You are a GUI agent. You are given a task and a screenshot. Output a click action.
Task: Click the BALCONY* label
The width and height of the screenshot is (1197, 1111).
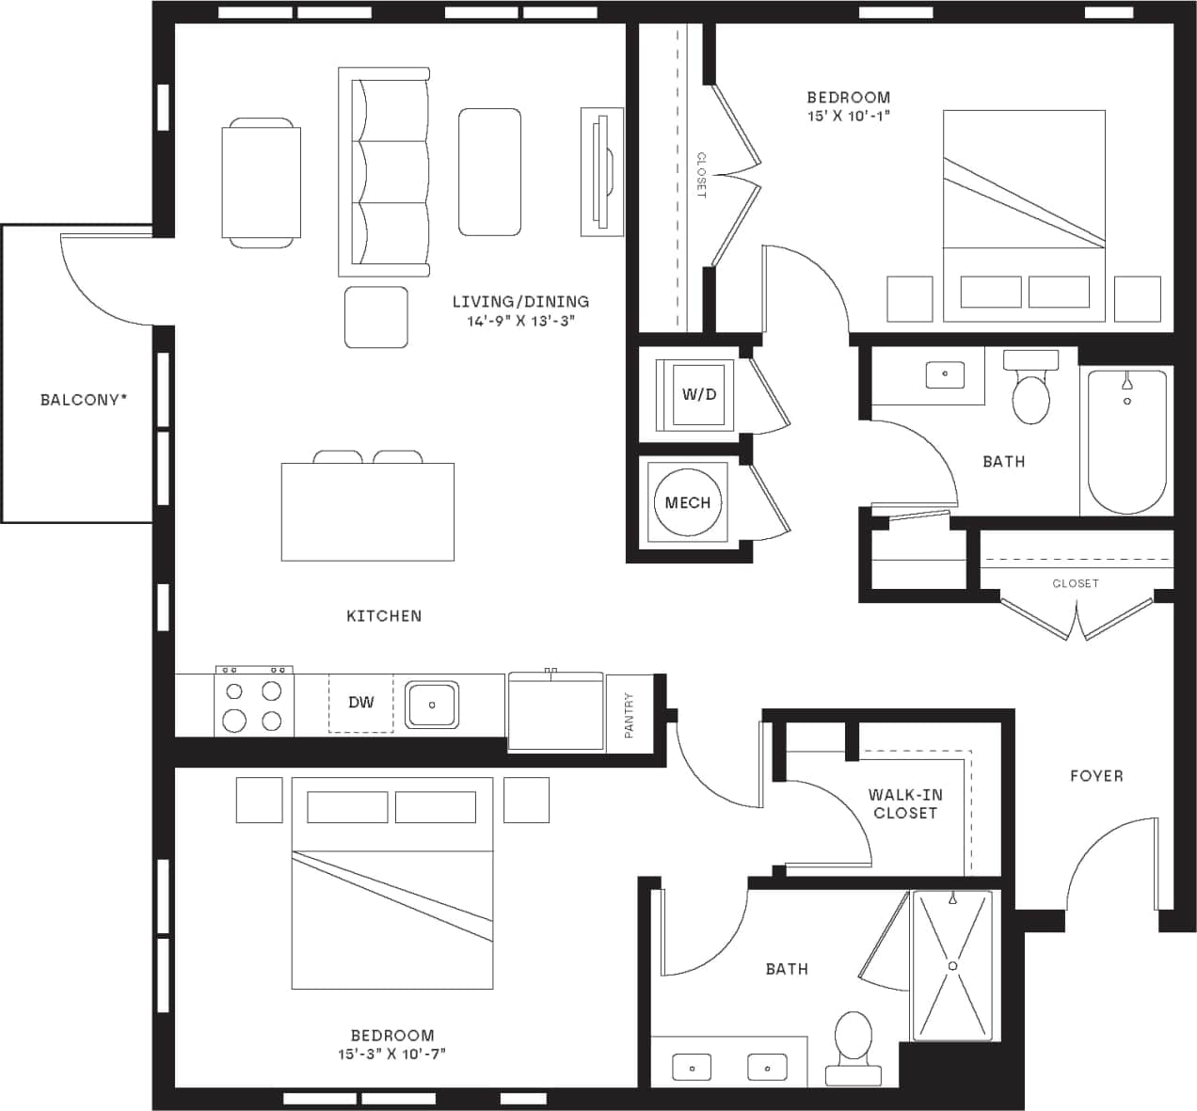coord(84,400)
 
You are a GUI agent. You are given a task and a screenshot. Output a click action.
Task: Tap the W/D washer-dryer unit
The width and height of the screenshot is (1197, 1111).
coord(698,394)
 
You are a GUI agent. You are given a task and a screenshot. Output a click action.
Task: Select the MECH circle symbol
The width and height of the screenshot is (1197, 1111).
coord(687,502)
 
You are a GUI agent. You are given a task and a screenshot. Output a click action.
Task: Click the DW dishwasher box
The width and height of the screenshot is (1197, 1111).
coord(360,703)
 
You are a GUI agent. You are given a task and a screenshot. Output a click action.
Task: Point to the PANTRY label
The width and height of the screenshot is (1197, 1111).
coord(629,714)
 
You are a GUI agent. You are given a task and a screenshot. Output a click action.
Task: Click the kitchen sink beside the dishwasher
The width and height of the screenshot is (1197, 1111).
coord(431,705)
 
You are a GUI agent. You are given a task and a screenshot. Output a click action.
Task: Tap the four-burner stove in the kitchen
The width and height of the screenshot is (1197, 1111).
coord(253,705)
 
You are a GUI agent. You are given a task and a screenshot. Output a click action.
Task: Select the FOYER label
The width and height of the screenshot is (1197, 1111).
coord(1096,776)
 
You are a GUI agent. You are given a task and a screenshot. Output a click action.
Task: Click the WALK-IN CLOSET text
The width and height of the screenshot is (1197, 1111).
coord(904,804)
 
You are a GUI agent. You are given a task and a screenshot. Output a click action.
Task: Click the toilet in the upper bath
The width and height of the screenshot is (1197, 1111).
coord(1030,393)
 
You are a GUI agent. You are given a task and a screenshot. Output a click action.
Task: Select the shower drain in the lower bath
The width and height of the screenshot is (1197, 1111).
coord(952,965)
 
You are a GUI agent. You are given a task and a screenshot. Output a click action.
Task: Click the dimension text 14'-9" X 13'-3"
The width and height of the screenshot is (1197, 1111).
coord(520,321)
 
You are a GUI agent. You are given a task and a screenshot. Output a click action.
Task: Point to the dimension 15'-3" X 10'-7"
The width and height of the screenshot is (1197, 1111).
coord(391,1055)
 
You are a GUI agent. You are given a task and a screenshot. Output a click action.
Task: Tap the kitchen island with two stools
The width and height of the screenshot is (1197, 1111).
coord(368,511)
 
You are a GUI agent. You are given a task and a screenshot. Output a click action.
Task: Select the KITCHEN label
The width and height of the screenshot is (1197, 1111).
coord(384,616)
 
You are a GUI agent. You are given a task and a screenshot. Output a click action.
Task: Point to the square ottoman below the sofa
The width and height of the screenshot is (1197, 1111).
coord(376,317)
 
